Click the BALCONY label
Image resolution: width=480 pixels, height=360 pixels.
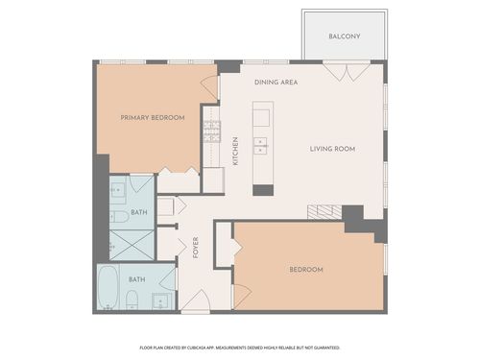344,36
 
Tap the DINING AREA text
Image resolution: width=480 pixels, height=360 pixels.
276,83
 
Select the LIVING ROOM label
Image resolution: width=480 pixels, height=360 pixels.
332,149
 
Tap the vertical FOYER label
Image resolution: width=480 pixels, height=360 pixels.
195,247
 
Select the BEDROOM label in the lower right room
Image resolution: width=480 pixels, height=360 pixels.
306,270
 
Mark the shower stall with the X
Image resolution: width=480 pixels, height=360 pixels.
132,244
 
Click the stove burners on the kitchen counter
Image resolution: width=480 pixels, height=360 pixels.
211,131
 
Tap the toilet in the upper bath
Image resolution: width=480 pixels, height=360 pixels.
121,216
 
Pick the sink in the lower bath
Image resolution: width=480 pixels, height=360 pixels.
161,300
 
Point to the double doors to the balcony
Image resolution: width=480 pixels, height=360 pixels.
344,71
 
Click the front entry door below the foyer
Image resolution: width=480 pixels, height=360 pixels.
196,301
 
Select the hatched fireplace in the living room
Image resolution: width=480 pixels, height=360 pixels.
324,211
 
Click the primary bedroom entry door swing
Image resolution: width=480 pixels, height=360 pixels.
208,87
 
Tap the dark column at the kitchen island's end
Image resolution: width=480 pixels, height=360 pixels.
263,189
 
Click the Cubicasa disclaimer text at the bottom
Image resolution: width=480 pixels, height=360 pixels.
240,347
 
